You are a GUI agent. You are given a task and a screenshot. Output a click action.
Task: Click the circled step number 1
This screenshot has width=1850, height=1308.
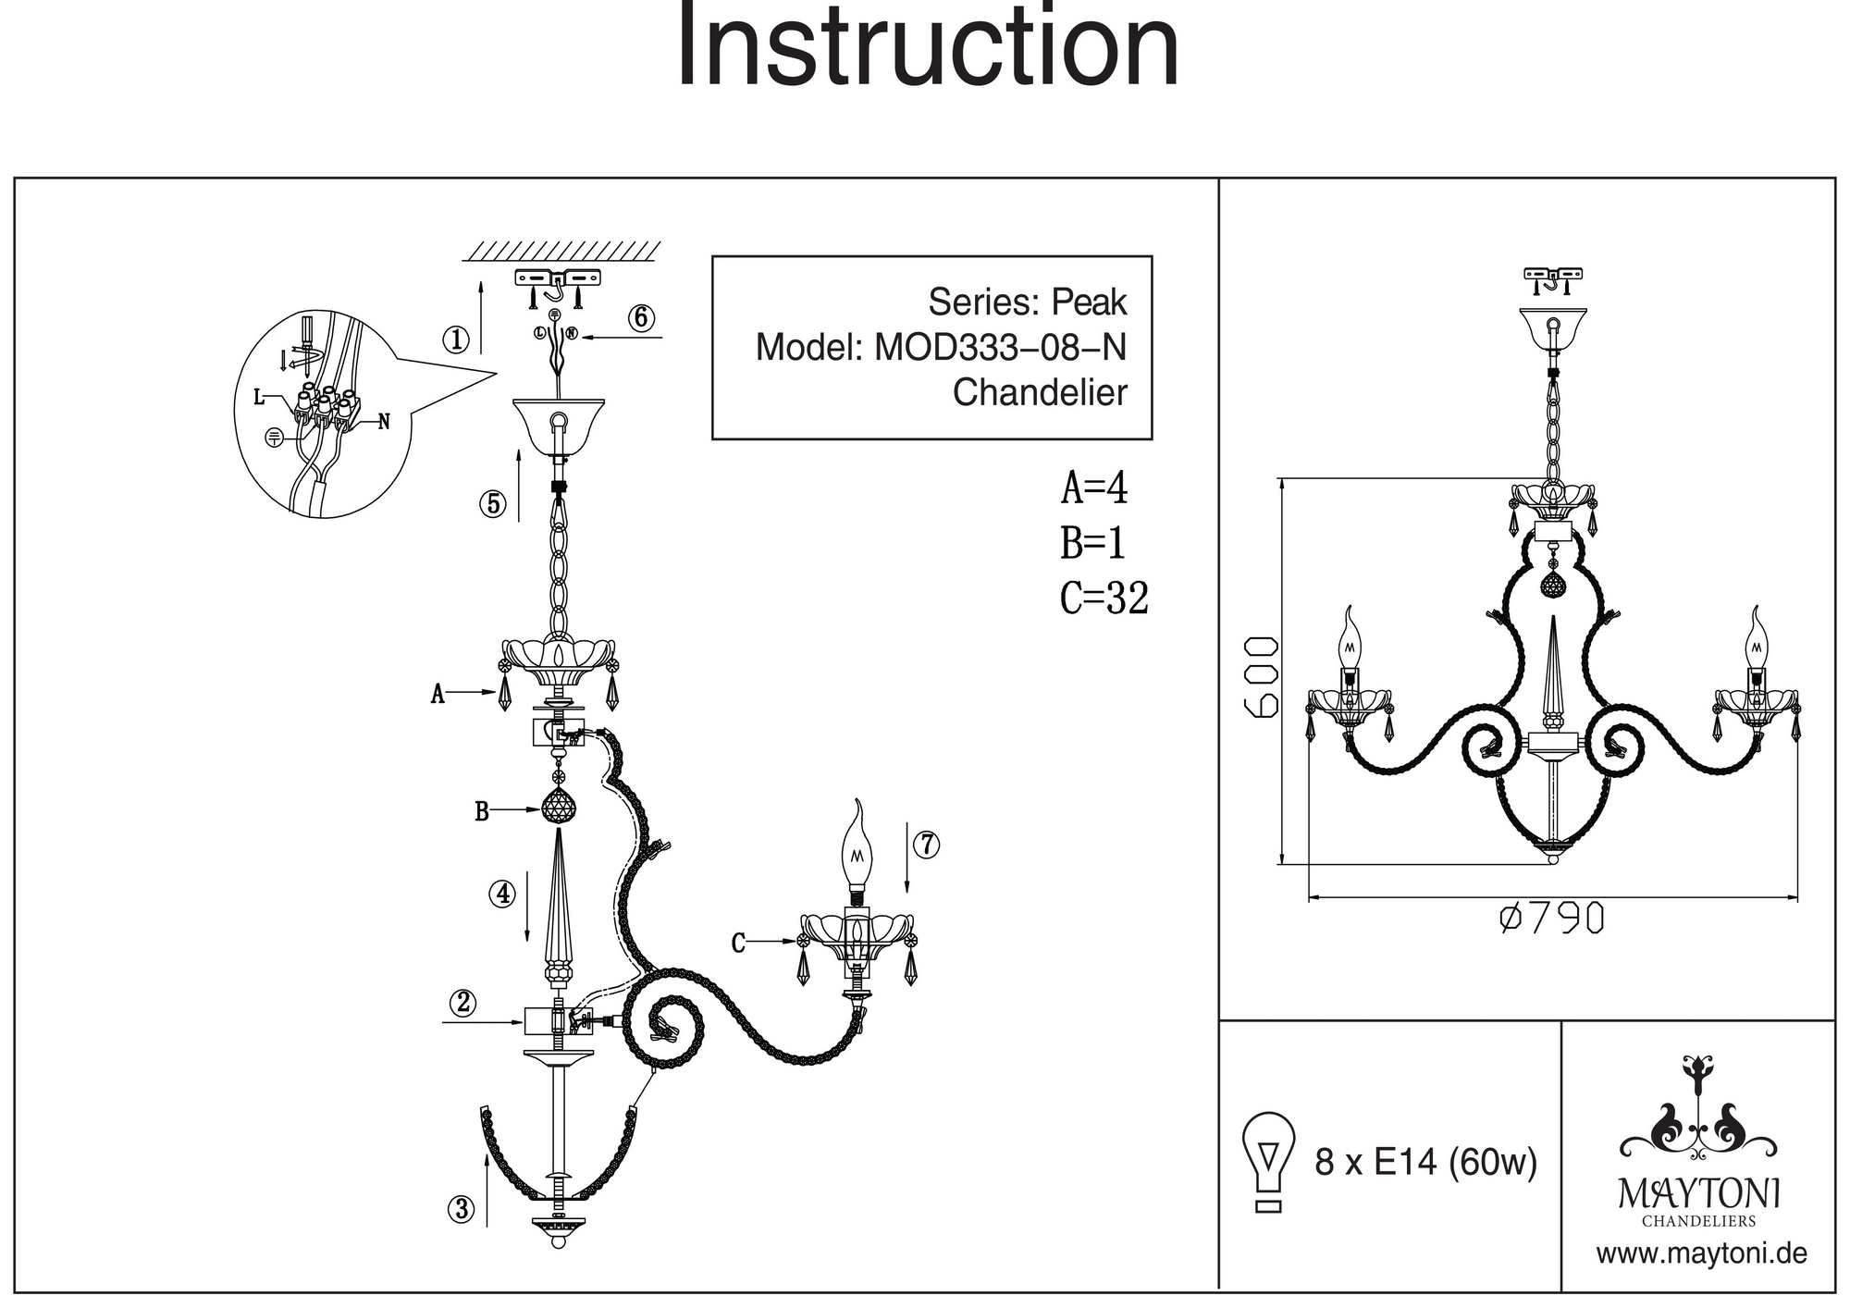click(x=455, y=340)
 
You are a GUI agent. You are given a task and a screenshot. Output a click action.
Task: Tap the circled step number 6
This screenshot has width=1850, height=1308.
click(x=641, y=318)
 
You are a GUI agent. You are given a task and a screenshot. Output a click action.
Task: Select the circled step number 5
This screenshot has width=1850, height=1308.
click(x=492, y=504)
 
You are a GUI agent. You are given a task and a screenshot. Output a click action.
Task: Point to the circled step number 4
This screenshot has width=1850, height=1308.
click(x=502, y=894)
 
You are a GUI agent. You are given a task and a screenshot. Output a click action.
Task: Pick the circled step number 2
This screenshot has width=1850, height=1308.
click(x=462, y=1002)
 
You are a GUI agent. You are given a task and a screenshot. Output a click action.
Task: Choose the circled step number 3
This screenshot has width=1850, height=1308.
click(x=462, y=1208)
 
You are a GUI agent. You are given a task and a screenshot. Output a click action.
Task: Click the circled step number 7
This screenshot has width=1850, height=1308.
click(x=926, y=845)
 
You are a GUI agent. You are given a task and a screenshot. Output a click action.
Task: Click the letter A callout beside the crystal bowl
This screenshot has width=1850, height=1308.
click(x=438, y=694)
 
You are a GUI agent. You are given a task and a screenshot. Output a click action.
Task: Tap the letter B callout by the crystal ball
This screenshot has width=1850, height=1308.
click(x=481, y=812)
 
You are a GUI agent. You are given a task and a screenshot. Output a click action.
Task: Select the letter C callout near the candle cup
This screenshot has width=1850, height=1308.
click(x=738, y=944)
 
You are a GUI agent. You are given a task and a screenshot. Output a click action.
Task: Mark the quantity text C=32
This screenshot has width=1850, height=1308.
click(x=1104, y=598)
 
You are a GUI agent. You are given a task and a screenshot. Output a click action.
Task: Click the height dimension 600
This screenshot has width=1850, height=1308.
click(x=1262, y=676)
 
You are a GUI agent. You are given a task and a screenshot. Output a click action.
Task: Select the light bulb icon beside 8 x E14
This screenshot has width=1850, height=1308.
click(x=1269, y=1161)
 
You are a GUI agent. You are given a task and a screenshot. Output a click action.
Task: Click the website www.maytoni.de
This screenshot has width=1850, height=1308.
click(x=1701, y=1254)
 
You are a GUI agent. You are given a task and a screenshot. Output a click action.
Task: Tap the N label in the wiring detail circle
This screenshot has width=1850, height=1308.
click(x=384, y=422)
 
